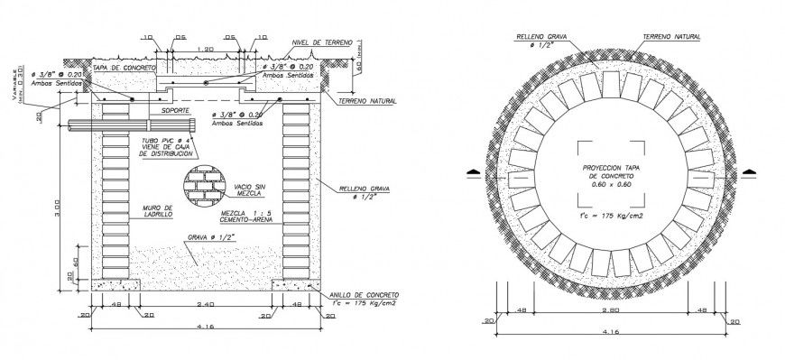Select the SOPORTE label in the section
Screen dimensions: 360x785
[x=176, y=110]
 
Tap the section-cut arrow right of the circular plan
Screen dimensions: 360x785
[x=747, y=171]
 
